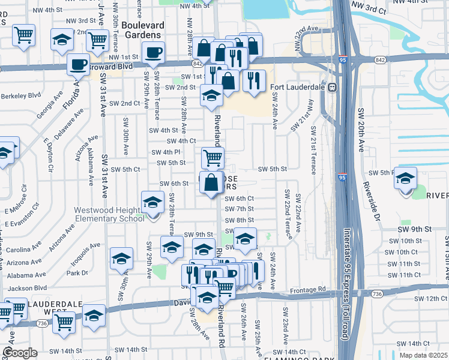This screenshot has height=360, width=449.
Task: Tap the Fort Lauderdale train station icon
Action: [x=331, y=87]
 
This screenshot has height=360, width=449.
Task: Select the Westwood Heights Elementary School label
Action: [x=109, y=214]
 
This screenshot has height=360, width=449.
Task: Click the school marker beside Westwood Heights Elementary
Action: [x=152, y=202]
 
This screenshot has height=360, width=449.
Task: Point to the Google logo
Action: [x=20, y=353]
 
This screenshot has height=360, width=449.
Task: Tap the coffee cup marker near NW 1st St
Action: [x=154, y=52]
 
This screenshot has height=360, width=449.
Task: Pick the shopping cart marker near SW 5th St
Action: [x=212, y=158]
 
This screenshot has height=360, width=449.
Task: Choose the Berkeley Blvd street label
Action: [x=20, y=95]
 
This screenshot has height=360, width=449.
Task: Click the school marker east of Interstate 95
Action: [x=405, y=178]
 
